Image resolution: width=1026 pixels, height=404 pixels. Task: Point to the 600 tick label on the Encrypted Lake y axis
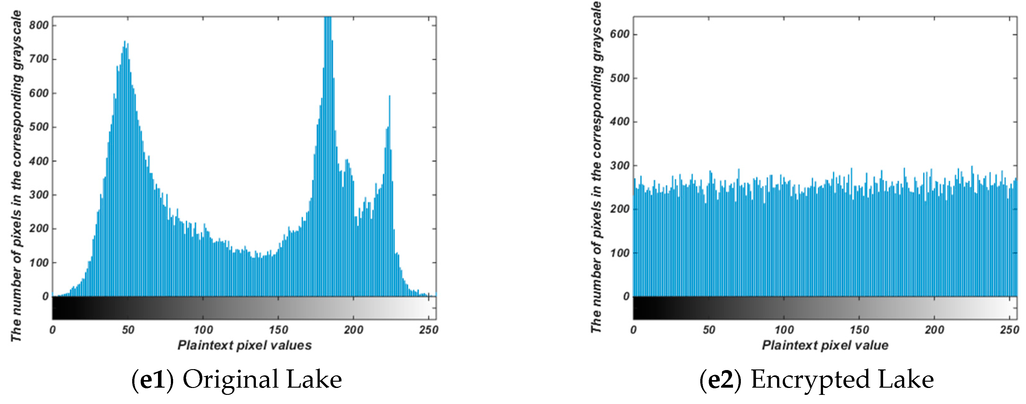point(619,35)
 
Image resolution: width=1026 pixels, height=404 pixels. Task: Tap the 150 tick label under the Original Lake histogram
point(278,330)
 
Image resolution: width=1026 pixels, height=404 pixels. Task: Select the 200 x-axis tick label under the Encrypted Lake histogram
point(934,330)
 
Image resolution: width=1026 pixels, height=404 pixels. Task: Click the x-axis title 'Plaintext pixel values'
point(245,345)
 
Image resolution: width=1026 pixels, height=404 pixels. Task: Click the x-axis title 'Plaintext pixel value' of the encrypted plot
point(825,345)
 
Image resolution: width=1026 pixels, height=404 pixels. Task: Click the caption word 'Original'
point(230,379)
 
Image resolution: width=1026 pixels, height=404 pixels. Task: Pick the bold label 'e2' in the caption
point(720,379)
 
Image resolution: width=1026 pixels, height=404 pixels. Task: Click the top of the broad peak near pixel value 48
point(125,42)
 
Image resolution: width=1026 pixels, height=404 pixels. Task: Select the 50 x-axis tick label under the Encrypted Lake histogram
point(708,330)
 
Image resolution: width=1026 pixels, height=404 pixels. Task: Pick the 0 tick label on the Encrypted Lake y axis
point(626,296)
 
